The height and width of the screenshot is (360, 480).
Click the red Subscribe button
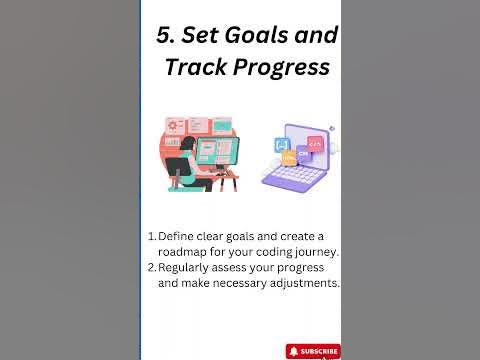[x=313, y=351]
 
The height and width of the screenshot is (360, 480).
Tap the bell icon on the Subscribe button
[x=294, y=351]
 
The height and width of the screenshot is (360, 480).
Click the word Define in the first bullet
[x=178, y=236]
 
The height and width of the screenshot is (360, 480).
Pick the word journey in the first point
[x=313, y=252]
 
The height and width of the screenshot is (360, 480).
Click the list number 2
[x=151, y=267]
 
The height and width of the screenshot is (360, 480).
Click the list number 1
[x=151, y=236]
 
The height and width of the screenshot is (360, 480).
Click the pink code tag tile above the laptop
[x=315, y=143]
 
